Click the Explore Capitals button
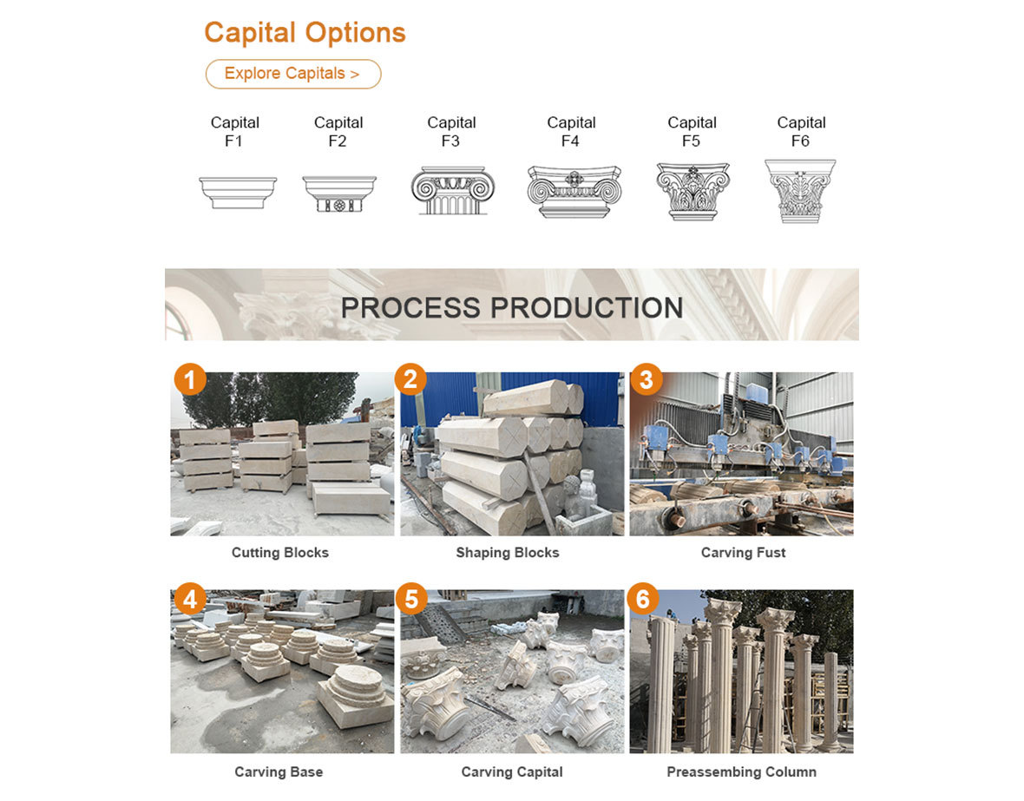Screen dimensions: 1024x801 coord(293,74)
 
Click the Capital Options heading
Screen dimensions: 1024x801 coord(305,33)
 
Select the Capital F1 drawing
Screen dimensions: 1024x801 coord(239,192)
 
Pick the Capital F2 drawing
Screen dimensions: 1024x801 coord(339,194)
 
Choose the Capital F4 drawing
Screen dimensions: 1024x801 coord(574,192)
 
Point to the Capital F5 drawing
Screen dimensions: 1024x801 coord(693,192)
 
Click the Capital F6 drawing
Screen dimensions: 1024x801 coord(800,191)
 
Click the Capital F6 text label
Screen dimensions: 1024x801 coord(801,131)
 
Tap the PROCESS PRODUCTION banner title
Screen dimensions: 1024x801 coord(512,308)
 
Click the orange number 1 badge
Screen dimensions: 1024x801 coord(190,379)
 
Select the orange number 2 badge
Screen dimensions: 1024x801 coord(410,379)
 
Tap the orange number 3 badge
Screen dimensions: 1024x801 coord(646,379)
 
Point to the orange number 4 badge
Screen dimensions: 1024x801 coord(190,599)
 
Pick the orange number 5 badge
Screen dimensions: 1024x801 coord(411,599)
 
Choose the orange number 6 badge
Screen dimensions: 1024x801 coord(643,599)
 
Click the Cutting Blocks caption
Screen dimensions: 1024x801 coord(280,553)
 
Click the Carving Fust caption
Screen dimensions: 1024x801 coord(743,553)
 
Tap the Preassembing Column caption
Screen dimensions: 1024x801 coord(742,772)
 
